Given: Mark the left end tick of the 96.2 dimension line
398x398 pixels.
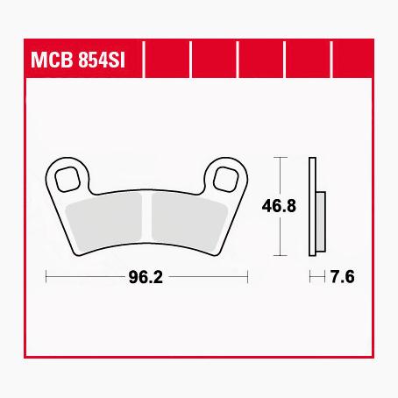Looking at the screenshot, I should coord(46,278).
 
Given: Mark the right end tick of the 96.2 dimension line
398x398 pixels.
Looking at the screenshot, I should coord(248,278).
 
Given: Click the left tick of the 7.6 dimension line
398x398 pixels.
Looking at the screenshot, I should coord(311,278).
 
